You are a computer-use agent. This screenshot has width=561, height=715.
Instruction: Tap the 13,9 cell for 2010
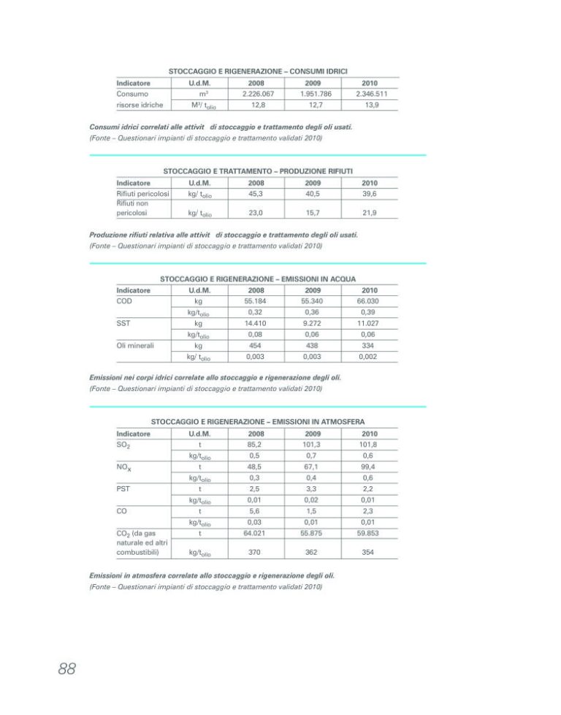[x=371, y=105]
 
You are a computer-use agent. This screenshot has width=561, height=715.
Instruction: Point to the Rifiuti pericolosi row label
[x=143, y=194]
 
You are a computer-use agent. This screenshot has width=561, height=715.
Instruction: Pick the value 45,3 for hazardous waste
[x=256, y=194]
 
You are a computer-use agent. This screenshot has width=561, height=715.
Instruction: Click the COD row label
[x=124, y=300]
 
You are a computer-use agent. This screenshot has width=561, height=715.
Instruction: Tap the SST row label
[x=123, y=322]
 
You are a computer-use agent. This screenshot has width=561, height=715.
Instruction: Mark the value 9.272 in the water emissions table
[x=313, y=322]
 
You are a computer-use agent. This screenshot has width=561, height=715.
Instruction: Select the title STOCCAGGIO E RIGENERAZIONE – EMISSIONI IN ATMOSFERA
[x=258, y=422]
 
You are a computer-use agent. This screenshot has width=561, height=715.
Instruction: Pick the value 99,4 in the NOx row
[x=370, y=466]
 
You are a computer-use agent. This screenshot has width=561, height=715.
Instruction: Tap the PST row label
[x=123, y=488]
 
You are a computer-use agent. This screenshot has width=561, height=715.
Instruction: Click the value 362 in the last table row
[x=313, y=553]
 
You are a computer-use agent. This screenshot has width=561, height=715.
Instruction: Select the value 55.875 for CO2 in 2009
[x=313, y=533]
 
